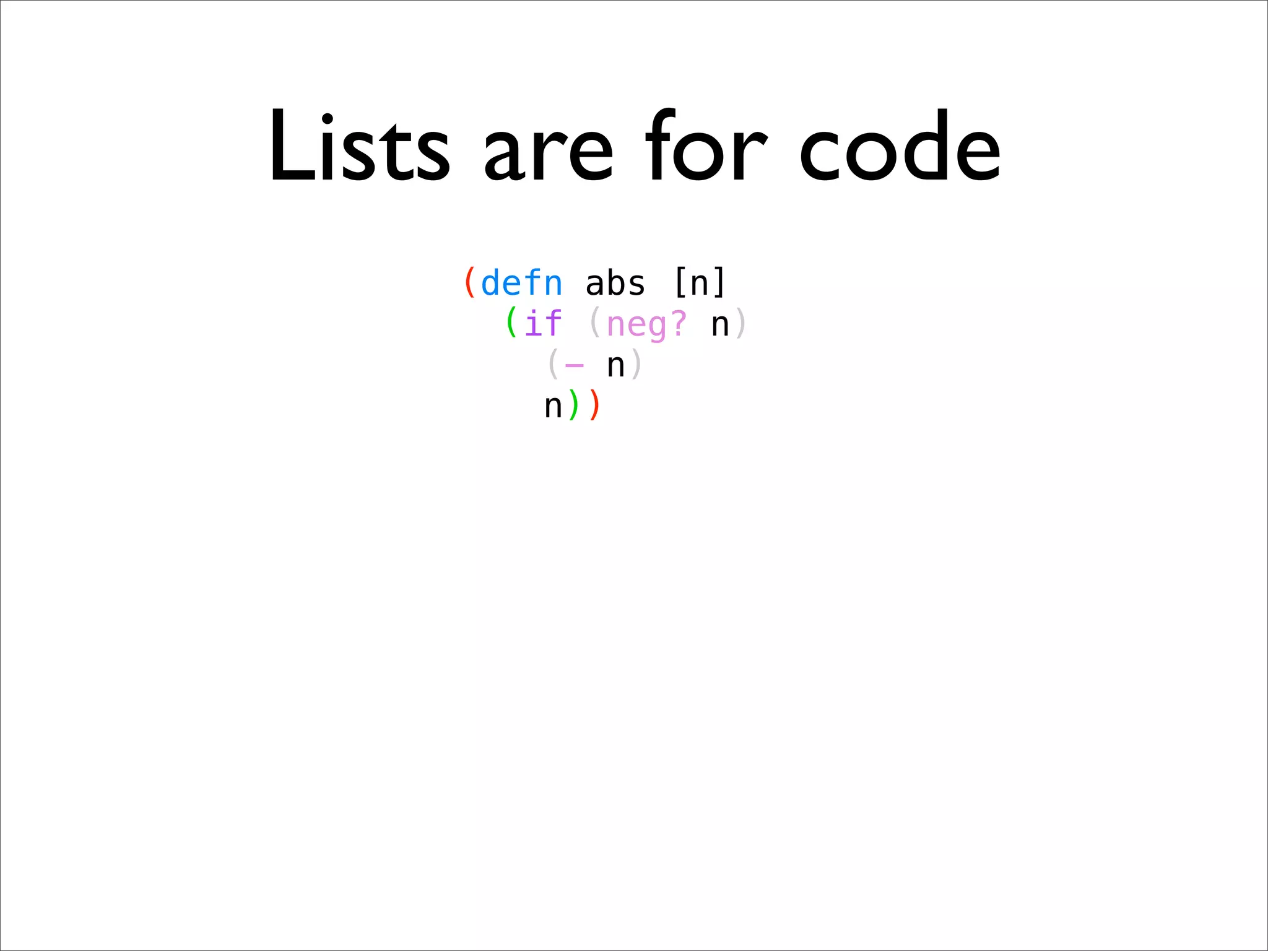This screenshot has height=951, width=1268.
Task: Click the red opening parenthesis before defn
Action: (470, 283)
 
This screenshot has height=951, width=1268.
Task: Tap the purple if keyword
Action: (543, 323)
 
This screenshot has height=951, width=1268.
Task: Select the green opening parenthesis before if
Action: (511, 323)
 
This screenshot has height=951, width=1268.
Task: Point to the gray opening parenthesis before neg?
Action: (595, 323)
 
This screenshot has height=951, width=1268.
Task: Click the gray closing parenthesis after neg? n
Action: (741, 323)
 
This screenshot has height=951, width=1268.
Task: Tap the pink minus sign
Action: (575, 365)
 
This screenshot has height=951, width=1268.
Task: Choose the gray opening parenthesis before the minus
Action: (553, 364)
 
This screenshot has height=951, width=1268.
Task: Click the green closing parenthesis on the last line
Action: (574, 406)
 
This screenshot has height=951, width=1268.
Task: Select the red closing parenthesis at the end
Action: (595, 406)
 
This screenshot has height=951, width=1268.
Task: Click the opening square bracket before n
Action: (679, 283)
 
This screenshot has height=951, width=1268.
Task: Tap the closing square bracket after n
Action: (719, 283)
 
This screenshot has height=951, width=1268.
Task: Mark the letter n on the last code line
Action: (553, 407)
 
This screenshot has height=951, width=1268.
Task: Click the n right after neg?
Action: (720, 324)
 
